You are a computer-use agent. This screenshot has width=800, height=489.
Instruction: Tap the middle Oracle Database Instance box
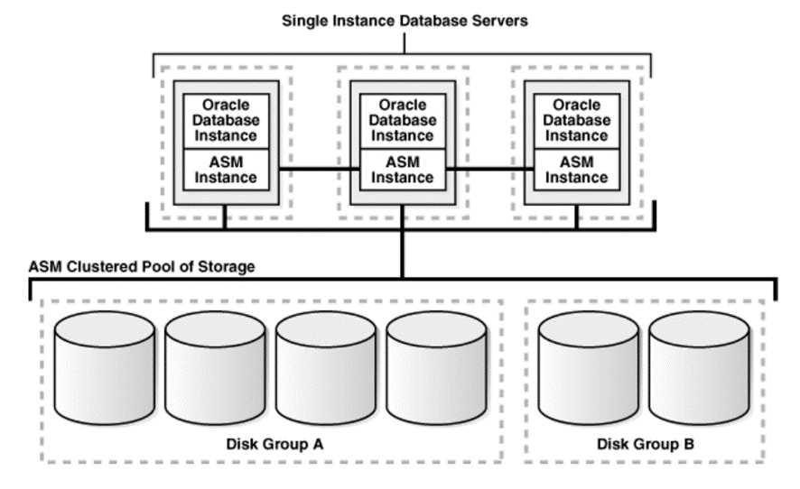click(403, 120)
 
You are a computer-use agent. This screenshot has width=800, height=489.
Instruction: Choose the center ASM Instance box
click(403, 170)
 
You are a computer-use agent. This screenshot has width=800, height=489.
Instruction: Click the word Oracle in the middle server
click(403, 106)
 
